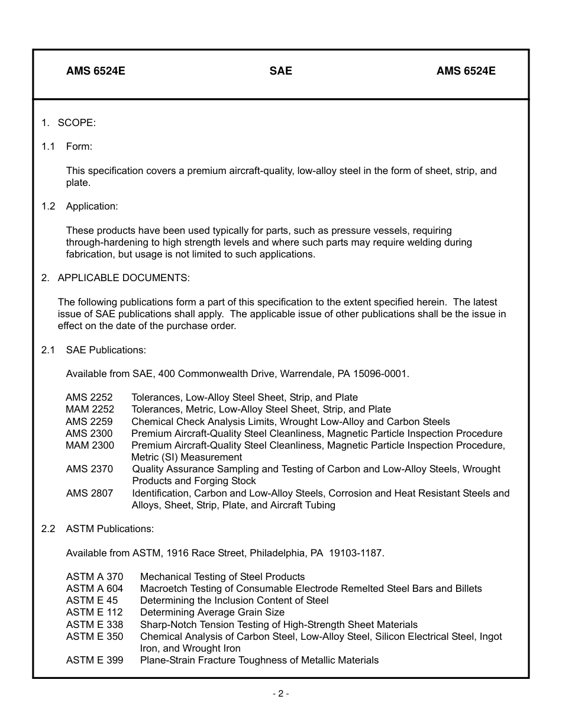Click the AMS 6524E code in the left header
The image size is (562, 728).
coord(95,71)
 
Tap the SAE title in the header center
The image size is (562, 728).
coord(280,71)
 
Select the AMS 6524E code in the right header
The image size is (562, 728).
coord(466,71)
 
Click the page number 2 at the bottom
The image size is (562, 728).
coord(280,694)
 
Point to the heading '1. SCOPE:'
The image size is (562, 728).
coord(69,123)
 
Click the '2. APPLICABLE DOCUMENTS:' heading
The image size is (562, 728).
coord(115,278)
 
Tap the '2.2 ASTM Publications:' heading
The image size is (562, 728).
coord(98,529)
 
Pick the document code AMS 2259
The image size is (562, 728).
coord(89,421)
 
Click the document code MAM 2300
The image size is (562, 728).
coord(90,445)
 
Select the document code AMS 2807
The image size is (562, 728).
coord(89,493)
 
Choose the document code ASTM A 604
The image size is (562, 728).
coord(95,588)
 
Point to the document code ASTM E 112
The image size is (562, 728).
coord(95,612)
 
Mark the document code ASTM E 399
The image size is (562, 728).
coord(95,660)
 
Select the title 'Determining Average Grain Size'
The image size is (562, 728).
coord(212,612)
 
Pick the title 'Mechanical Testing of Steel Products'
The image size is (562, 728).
coord(222,576)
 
